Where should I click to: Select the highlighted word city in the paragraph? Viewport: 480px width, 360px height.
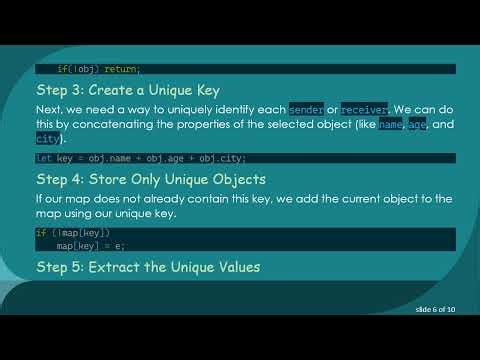click(46, 140)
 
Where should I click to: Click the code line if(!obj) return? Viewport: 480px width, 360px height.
click(98, 69)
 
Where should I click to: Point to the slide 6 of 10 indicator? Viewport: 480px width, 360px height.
click(435, 311)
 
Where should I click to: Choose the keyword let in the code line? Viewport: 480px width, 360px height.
click(43, 158)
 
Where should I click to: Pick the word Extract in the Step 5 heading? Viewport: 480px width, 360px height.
click(120, 267)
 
